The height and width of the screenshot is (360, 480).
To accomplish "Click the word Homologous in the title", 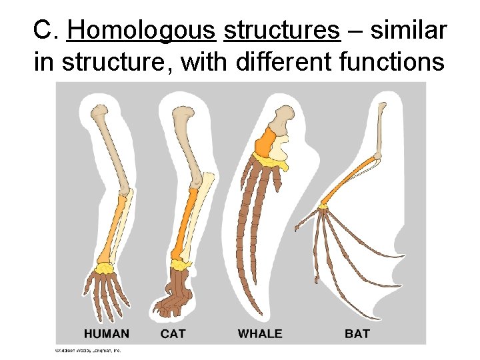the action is tap(141, 30).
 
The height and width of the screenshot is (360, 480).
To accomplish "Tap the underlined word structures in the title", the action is tap(282, 30).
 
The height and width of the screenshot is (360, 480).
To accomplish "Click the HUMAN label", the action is tap(107, 333).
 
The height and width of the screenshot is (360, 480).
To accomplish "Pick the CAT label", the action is tap(173, 333).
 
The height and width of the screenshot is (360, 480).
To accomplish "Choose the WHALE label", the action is tap(260, 333).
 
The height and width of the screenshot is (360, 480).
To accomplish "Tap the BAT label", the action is tap(357, 333).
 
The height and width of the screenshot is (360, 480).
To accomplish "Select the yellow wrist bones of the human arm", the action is tap(104, 269).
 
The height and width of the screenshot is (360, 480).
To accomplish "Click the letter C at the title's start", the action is tap(41, 30).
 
